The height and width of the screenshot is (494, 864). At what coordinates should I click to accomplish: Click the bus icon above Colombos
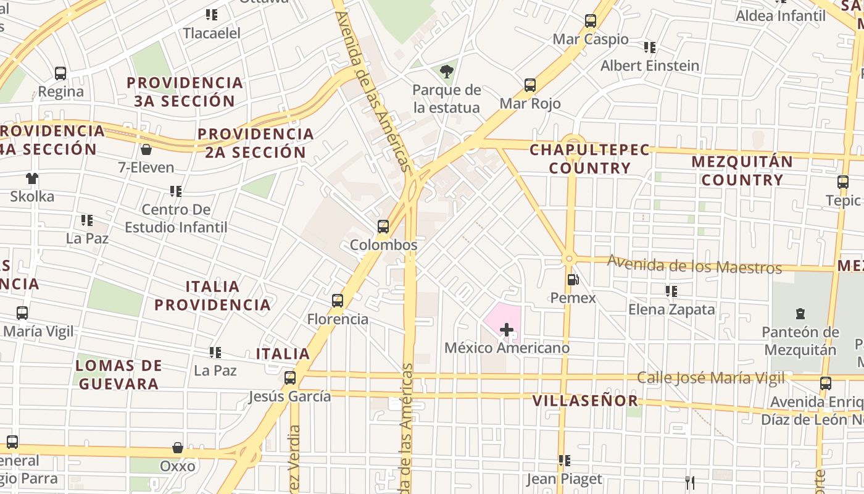click(x=383, y=227)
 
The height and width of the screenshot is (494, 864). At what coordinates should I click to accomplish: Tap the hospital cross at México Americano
click(x=507, y=330)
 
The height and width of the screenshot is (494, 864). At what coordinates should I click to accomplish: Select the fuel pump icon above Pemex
click(x=573, y=280)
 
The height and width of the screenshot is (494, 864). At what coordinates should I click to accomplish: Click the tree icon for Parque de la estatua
click(x=447, y=72)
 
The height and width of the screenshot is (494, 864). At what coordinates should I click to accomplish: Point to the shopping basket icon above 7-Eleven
click(x=146, y=149)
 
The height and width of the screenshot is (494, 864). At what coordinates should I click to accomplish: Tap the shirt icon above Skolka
click(x=32, y=178)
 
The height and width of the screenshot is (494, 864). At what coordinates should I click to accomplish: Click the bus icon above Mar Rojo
click(x=530, y=85)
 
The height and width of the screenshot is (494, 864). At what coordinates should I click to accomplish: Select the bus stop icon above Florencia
click(x=338, y=301)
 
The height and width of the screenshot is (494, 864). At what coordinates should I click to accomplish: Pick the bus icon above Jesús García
click(x=290, y=378)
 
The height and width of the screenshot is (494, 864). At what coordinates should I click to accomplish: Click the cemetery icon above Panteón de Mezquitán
click(x=800, y=314)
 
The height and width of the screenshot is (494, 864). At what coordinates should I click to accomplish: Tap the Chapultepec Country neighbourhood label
click(x=589, y=159)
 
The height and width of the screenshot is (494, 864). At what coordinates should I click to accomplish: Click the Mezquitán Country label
click(x=742, y=171)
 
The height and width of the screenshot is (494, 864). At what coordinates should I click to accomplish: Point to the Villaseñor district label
click(x=585, y=401)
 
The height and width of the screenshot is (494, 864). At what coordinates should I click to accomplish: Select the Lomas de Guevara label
click(x=118, y=374)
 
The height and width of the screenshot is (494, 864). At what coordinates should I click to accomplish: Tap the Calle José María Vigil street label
click(x=711, y=377)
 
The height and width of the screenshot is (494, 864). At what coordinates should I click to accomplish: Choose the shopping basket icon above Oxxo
click(x=178, y=448)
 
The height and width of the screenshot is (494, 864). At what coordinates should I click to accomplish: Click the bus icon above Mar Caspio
click(x=591, y=21)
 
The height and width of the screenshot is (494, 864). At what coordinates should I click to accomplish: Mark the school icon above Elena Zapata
click(x=671, y=291)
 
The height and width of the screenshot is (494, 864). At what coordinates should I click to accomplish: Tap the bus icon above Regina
click(x=60, y=73)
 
